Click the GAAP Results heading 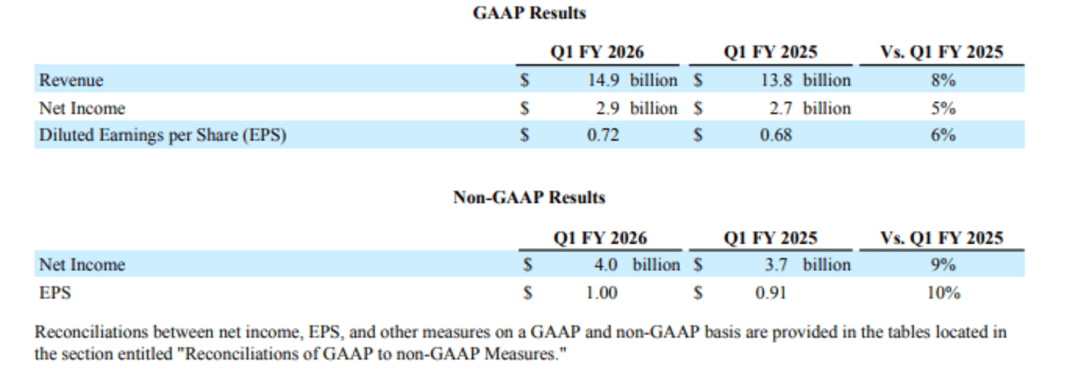click(529, 13)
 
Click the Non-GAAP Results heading click(529, 197)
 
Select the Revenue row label click(71, 80)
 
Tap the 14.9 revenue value click(603, 80)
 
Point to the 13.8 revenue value click(776, 80)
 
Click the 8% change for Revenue click(943, 80)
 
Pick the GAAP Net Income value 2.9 click(608, 108)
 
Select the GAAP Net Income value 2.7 click(781, 108)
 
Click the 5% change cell click(943, 108)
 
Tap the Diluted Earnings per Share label click(162, 135)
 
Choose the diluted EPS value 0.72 click(603, 135)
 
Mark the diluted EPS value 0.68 click(776, 135)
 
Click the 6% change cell click(943, 135)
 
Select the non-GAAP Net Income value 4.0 click(605, 265)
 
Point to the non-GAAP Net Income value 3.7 click(776, 265)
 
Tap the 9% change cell click(943, 265)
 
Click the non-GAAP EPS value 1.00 click(601, 293)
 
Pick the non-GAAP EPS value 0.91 click(770, 293)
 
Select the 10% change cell click(943, 293)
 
